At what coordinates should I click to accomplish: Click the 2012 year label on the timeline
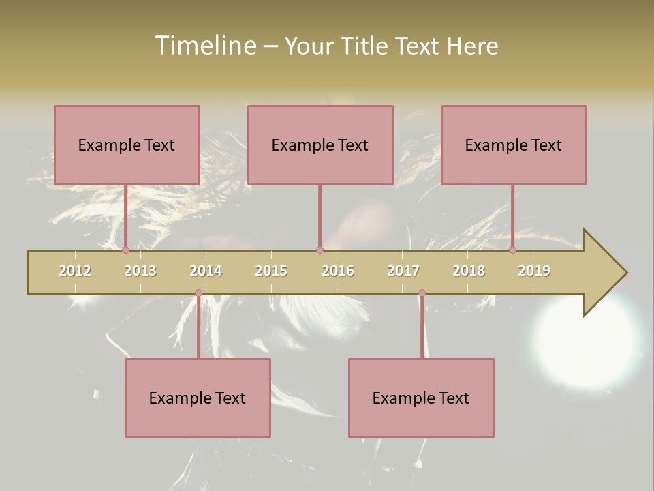(x=75, y=271)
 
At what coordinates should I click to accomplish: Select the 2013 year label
(x=140, y=271)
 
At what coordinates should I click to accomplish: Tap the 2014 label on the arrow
(x=206, y=271)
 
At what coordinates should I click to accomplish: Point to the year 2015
(x=271, y=271)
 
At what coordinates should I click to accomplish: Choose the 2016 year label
(x=338, y=271)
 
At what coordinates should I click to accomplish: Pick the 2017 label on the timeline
(x=403, y=271)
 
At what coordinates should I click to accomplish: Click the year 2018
(x=469, y=271)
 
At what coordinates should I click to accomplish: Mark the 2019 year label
(x=534, y=271)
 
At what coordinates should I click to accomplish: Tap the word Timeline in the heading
(x=204, y=46)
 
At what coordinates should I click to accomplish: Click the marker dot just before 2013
(x=126, y=250)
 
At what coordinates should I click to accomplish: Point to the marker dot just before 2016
(x=320, y=250)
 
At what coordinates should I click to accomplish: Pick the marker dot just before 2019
(x=513, y=250)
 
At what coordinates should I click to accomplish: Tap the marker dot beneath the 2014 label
(x=198, y=293)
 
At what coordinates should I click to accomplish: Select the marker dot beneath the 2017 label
(x=422, y=293)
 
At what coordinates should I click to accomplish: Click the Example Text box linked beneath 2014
(x=198, y=398)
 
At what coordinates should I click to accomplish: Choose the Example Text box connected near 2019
(x=514, y=145)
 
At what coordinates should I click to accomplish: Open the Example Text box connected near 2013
(x=127, y=145)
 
